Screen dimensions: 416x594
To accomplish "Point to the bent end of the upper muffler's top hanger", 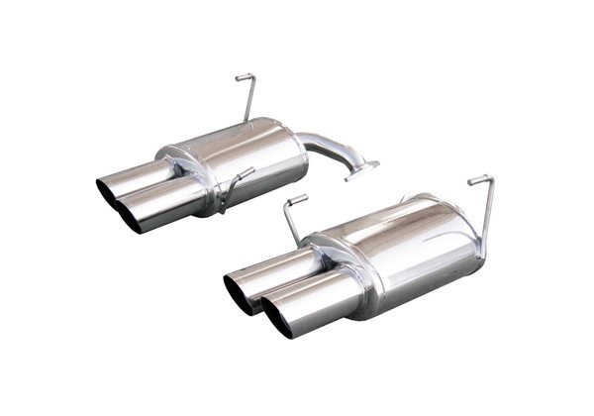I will pos(244,76).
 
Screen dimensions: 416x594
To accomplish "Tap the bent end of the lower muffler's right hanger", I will pos(479,178).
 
